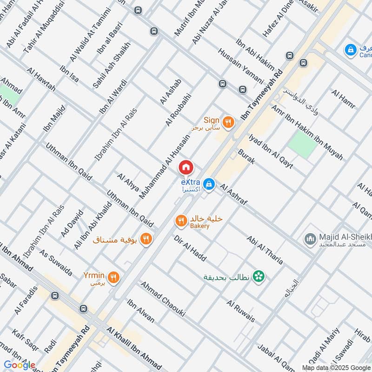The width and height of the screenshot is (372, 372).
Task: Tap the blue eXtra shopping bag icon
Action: click(x=210, y=184)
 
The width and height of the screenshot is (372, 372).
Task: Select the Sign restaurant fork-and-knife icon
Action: click(x=228, y=122)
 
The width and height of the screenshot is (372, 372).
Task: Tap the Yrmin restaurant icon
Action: click(x=114, y=278)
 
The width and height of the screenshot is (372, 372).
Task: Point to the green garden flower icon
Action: click(x=259, y=277)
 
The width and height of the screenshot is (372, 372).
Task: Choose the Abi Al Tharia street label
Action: click(x=266, y=250)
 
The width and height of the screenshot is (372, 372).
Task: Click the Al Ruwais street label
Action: click(x=241, y=311)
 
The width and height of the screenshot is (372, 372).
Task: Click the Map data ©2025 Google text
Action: click(x=335, y=367)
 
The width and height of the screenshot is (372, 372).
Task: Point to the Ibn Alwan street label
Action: click(x=141, y=310)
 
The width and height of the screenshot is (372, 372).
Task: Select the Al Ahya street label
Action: click(x=128, y=182)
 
